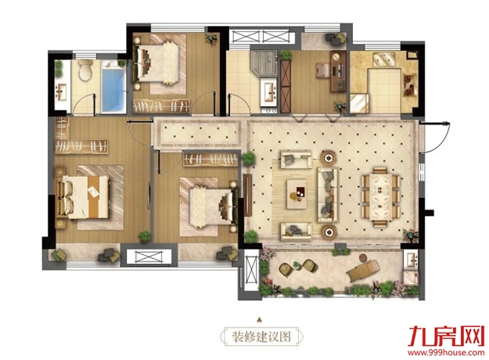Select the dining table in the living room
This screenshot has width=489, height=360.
[380, 197]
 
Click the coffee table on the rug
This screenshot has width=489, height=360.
[297, 194]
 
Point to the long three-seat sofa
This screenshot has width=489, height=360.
[328, 194]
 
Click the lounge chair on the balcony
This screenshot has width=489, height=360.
[364, 270]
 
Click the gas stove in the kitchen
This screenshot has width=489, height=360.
[408, 85]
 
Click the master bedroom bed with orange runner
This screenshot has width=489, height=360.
[83, 197]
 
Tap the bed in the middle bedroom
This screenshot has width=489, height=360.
[213, 206]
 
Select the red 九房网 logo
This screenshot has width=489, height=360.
[446, 337]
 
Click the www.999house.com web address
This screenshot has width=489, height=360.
[446, 353]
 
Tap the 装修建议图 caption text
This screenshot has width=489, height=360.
[261, 337]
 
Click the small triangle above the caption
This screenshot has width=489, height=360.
[259, 319]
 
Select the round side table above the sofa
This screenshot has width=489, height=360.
[329, 158]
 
